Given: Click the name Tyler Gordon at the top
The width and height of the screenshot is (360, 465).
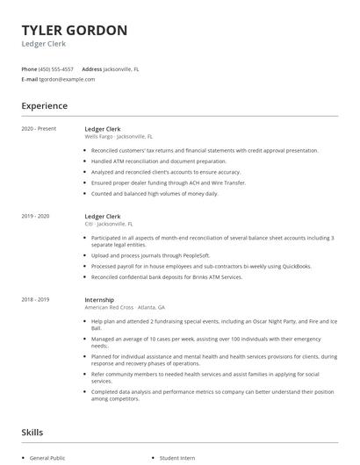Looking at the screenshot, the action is (74, 31).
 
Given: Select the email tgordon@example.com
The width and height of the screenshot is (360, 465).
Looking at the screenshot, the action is (68, 79).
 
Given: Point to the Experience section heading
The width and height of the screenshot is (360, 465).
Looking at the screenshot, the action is (44, 106).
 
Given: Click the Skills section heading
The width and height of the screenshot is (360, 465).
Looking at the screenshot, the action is (32, 433).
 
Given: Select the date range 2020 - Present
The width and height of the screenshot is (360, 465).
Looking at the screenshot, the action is (39, 129).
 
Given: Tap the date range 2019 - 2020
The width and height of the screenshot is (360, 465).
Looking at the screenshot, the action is (35, 216).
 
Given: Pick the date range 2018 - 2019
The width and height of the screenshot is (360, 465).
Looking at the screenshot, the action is (35, 299).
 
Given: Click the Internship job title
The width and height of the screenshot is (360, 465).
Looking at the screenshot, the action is (99, 299).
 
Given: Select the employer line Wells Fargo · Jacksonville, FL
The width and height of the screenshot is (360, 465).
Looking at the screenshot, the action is (119, 137).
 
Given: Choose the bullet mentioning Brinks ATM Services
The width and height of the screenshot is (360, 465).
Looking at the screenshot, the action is (166, 276).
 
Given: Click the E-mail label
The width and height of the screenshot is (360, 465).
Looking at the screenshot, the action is (29, 79).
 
